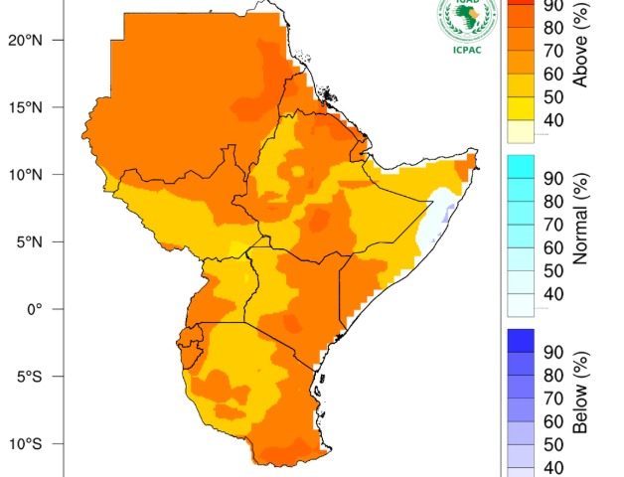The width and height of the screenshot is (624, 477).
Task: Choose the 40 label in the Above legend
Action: (x=553, y=121)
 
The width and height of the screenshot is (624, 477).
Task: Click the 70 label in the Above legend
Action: (x=553, y=51)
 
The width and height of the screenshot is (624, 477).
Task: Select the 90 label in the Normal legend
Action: (x=553, y=179)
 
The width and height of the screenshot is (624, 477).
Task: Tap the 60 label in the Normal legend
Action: (x=553, y=248)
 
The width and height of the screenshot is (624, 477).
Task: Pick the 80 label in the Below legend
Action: (x=553, y=376)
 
